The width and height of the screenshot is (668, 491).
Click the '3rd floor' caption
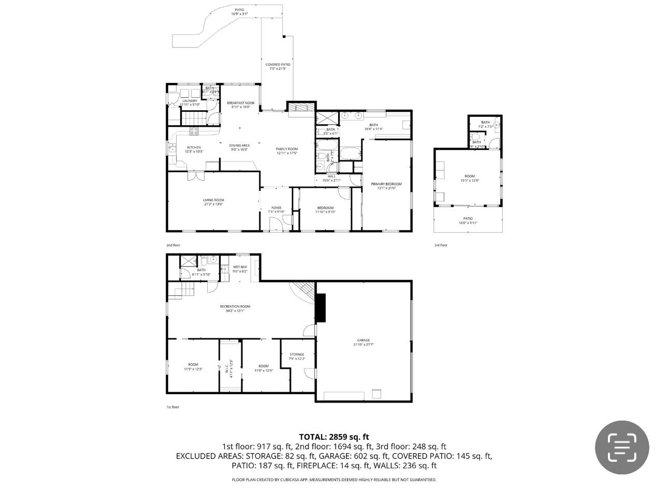pos(441,245)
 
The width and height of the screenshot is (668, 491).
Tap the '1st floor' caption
pos(172,407)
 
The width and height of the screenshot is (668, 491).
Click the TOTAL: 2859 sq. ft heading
pos(334,437)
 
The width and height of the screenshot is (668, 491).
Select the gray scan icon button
pos(621,448)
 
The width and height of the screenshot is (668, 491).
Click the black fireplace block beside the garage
pos(321,308)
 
